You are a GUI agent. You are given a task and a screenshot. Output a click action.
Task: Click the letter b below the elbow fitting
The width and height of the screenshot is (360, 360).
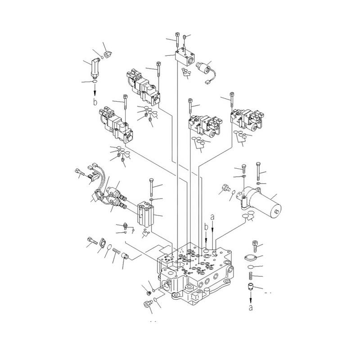(x=95, y=102)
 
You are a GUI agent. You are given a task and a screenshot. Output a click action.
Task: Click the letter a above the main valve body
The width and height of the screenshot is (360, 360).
(x=212, y=217)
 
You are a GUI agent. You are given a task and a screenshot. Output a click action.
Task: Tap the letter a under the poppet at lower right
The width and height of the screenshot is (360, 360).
(x=251, y=308)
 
